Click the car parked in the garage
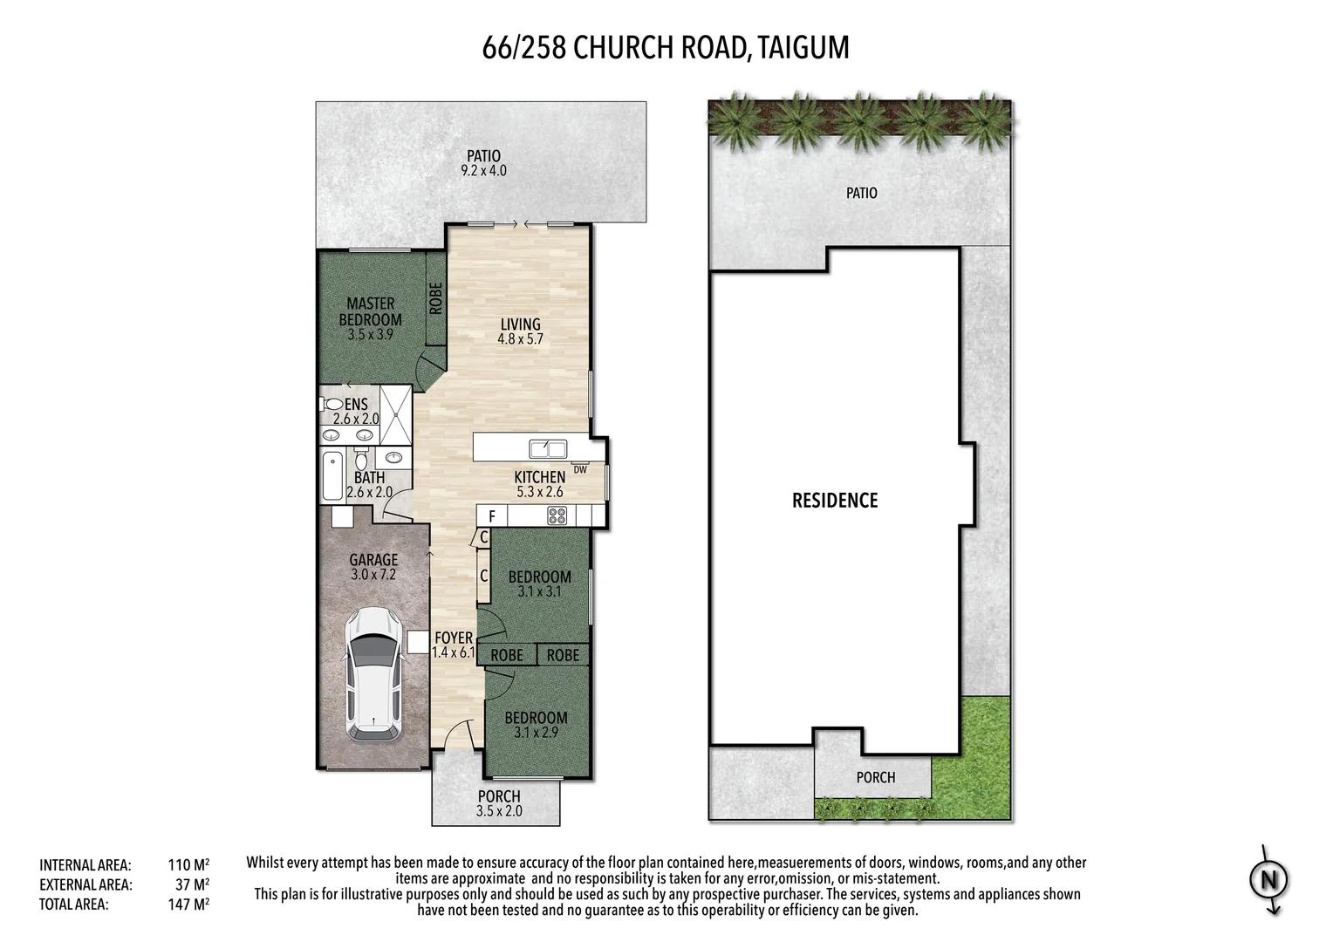(373, 673)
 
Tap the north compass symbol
(1268, 880)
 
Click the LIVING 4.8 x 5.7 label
(521, 331)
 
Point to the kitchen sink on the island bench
(548, 448)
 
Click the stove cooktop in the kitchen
(557, 515)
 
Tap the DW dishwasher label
(580, 470)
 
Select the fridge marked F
(492, 516)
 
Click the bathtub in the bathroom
(332, 475)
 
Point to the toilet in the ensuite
(332, 405)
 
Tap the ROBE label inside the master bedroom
(435, 299)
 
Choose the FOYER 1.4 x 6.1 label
(454, 645)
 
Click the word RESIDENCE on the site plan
(835, 501)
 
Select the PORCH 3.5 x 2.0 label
(499, 803)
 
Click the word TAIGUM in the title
(803, 47)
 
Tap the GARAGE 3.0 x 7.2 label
(373, 567)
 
